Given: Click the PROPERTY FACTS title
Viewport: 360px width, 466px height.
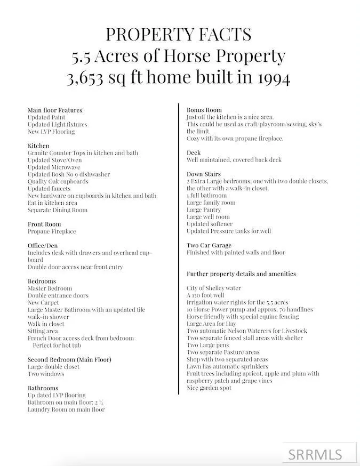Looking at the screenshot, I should point(179,35).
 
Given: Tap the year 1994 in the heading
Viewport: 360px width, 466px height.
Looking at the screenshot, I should point(269,78).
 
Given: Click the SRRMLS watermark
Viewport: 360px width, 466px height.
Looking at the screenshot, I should point(315,454).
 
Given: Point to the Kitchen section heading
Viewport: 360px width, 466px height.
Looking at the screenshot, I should point(38,146).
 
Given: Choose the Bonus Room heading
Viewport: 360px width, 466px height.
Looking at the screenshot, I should point(204,110).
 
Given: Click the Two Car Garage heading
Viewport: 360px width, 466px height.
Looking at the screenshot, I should point(209,245).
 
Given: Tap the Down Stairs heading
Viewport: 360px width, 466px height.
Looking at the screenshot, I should point(203,174).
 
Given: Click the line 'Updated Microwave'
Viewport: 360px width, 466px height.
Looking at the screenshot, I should point(53,167).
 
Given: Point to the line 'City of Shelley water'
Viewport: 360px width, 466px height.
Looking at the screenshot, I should point(214,288).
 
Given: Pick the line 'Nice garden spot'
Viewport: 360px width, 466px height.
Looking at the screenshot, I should point(209,388).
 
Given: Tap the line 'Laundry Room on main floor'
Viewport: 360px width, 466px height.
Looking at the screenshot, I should point(66,409).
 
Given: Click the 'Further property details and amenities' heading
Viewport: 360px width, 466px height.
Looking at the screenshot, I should point(241,274).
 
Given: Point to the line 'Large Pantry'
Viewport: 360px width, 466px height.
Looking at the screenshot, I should point(204,210).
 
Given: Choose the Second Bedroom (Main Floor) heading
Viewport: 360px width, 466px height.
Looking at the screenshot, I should point(69,359).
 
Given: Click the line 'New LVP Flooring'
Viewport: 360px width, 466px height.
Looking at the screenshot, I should point(51,131).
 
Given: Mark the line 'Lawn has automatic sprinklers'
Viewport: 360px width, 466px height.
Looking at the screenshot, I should point(227,366).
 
